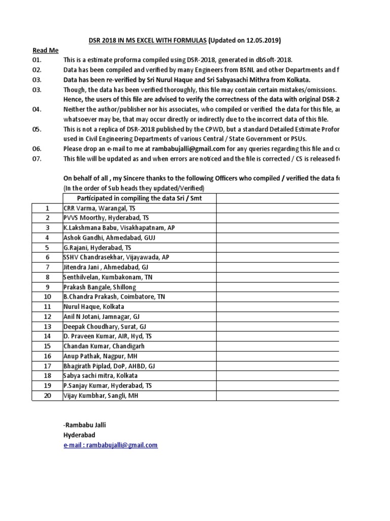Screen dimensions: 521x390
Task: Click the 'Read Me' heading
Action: pos(45,50)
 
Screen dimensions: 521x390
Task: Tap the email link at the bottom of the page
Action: pos(110,445)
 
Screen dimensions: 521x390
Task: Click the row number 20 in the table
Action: pos(48,395)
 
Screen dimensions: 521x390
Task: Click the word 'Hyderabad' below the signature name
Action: pos(79,435)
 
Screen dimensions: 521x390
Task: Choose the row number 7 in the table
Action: pos(48,267)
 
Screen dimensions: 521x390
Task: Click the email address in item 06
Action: pos(181,149)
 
